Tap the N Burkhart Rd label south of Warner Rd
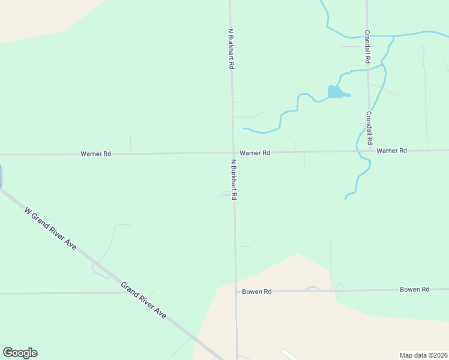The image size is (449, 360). tap(234, 179)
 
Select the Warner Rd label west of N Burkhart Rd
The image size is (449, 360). tap(96, 154)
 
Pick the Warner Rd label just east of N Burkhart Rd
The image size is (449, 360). tap(255, 153)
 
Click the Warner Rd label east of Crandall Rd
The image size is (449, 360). tap(392, 151)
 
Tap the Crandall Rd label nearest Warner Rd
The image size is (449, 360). tap(369, 127)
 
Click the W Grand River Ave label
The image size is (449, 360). tap(50, 228)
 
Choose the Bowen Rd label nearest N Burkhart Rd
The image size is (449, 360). tap(257, 292)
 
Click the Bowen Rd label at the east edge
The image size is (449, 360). tap(415, 289)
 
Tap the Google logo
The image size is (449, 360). tap(20, 353)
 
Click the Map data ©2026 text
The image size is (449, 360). tap(423, 355)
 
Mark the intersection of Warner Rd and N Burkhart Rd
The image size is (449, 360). tap(233, 152)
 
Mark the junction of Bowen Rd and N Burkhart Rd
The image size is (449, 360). tap(236, 292)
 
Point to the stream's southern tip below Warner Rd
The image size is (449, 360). tap(346, 198)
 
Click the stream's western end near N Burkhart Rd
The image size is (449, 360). tap(244, 128)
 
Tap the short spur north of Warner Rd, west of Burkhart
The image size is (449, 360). tap(131, 144)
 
